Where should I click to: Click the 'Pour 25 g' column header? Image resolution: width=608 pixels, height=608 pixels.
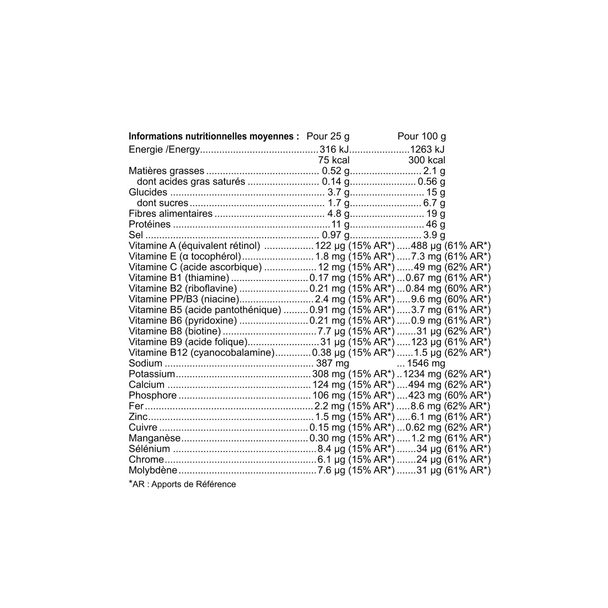pos(328,136)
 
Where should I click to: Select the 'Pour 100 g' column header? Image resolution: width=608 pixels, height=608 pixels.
pos(421,136)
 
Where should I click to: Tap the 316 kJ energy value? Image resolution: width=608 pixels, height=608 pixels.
pos(334,149)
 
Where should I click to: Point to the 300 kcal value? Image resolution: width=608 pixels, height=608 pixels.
pos(426,160)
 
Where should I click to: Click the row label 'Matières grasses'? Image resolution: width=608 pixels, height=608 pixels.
pos(166,171)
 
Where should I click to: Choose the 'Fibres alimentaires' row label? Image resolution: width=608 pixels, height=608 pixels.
pos(171,214)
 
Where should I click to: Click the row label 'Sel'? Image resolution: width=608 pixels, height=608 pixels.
pos(136,235)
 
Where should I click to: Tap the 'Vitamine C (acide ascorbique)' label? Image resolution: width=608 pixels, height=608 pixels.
pos(195,267)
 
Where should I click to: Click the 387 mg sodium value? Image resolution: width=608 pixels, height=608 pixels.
pos(332,364)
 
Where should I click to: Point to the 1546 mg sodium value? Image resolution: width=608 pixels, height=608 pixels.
pos(426,364)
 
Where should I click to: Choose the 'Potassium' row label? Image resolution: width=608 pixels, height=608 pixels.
pos(152,374)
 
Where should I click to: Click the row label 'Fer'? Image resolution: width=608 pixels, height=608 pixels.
pos(136,406)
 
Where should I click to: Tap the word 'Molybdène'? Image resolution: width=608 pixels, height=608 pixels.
pos(153,470)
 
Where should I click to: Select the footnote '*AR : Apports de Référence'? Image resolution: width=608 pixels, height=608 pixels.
pos(182,484)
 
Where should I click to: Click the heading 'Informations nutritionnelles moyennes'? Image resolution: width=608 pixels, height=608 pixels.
pos(213,136)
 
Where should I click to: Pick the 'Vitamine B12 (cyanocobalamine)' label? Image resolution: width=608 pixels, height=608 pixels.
pos(201,353)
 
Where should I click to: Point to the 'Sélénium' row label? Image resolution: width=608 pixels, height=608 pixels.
pos(149,449)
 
